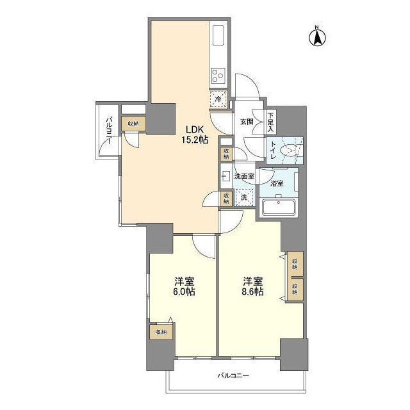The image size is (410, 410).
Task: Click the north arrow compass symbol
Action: (318, 37)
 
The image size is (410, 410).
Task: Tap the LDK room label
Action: (195, 129)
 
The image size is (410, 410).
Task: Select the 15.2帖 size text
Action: (195, 140)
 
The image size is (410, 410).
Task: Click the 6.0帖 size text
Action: (184, 291)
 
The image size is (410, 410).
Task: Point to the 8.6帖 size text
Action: (252, 291)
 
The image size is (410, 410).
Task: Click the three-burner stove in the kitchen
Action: (218, 76)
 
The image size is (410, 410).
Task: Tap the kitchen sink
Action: (218, 35)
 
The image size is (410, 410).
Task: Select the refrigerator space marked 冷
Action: (218, 99)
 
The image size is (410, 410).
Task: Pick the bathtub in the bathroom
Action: (279, 208)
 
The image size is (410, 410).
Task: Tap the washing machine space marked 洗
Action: (244, 197)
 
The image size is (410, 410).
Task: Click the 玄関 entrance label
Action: (247, 121)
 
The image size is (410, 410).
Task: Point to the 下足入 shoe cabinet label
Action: (270, 122)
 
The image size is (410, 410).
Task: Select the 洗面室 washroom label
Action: (244, 176)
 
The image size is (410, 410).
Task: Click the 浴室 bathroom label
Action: (277, 183)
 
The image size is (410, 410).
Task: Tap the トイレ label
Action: (273, 151)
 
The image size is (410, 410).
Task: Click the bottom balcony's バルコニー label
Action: (233, 376)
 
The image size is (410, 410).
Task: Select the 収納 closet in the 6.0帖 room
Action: (161, 332)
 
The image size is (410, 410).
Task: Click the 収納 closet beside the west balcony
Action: (133, 124)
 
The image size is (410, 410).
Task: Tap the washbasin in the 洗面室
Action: (225, 176)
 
